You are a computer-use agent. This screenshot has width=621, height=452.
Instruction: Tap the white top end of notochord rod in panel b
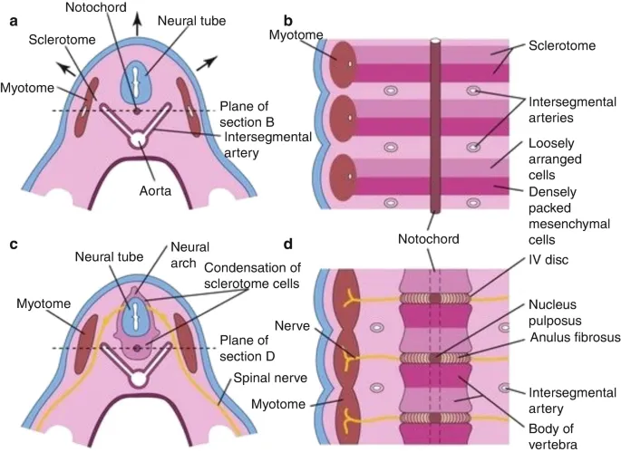tap(435, 42)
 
